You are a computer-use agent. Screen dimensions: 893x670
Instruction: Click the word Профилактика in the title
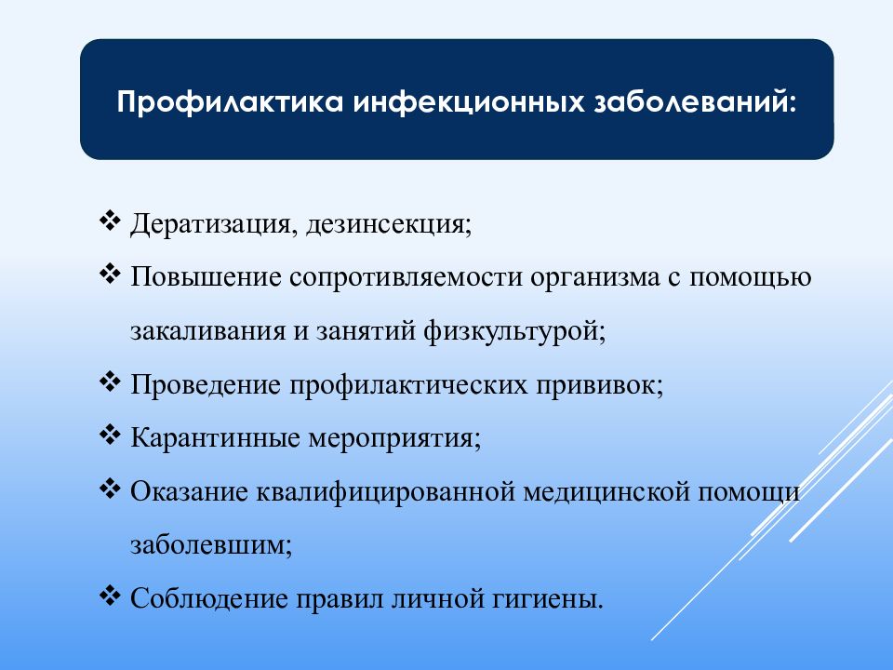point(230,102)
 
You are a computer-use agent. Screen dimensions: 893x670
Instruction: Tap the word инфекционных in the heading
point(469,102)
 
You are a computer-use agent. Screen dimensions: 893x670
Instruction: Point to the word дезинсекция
point(389,224)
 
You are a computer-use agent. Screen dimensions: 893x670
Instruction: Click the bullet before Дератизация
point(110,220)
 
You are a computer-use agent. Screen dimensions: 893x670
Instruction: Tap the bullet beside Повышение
point(110,274)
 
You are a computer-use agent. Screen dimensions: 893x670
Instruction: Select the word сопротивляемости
point(407,277)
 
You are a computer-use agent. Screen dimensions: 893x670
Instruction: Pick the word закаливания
point(208,331)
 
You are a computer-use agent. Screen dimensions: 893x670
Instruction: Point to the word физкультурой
point(513,331)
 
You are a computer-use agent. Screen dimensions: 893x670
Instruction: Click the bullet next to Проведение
point(110,381)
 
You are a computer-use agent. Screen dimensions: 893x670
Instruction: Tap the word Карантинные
point(215,438)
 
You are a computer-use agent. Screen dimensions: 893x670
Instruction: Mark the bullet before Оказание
point(110,488)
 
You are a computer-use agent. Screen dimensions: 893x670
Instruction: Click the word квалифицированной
point(386,492)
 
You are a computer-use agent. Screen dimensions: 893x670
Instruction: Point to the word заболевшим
point(211,545)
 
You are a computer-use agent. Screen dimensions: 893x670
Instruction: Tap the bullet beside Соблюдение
point(110,595)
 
